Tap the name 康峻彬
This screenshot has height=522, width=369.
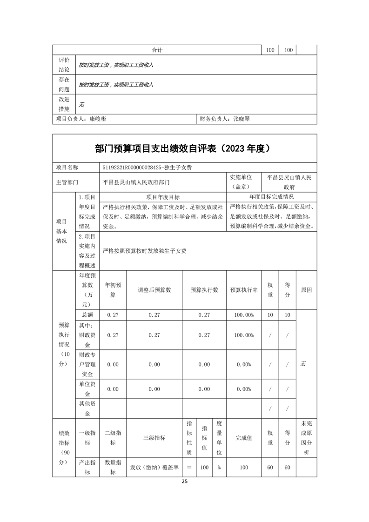(98, 119)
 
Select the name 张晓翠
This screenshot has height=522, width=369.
(242, 119)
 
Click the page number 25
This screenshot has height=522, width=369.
(184, 482)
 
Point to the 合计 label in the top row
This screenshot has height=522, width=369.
(157, 50)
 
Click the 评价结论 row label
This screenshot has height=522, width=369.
(64, 65)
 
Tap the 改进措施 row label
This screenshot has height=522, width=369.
(64, 104)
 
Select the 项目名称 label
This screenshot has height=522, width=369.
(67, 167)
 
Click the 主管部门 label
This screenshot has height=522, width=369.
(67, 183)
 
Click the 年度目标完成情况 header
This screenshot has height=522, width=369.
(271, 197)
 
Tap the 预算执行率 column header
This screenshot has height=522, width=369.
(244, 289)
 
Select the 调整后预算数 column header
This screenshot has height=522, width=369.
(154, 289)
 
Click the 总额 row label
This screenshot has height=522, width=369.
(87, 315)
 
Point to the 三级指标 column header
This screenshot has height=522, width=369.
(154, 438)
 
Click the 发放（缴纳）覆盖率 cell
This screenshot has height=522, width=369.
(154, 468)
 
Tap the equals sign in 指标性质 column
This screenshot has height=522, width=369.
(189, 468)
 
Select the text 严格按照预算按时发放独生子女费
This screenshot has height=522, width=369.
(145, 251)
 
